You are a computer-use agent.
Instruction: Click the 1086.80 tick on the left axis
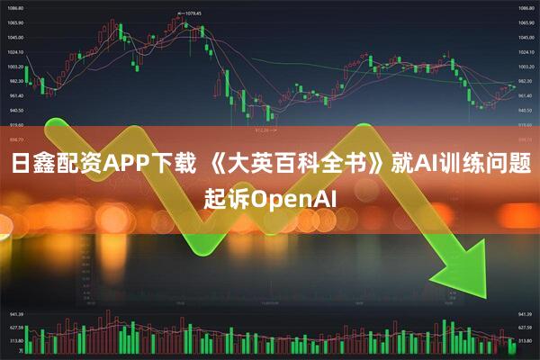pos(16,7)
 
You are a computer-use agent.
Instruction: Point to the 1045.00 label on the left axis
pos(16,38)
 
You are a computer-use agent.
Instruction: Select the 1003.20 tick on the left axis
pos(16,67)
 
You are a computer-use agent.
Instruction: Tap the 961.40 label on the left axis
pos(16,95)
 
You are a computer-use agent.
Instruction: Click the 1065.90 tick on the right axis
pos(525,22)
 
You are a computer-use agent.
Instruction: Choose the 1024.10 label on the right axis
pos(525,52)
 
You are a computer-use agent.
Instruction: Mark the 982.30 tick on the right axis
pos(525,81)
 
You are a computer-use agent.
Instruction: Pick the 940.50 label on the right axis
pos(525,110)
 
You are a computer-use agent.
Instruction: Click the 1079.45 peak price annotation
pos(191,13)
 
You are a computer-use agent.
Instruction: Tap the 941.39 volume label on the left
pos(16,315)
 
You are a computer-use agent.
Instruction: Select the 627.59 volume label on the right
pos(525,328)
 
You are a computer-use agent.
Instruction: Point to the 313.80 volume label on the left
pos(16,341)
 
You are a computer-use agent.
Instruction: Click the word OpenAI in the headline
pos(292,198)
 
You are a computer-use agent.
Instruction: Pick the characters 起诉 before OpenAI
pos(225,198)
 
